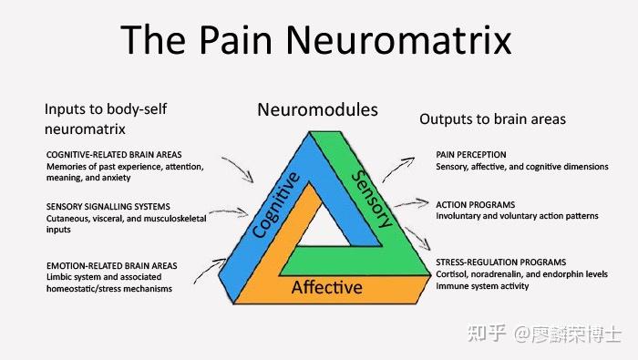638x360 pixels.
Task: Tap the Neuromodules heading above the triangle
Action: pos(316,110)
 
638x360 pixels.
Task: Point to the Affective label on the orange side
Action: pos(326,288)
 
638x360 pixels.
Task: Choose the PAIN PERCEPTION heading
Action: pos(471,155)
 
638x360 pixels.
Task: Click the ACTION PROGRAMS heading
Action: pos(475,203)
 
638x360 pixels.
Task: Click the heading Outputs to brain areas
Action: pos(492,119)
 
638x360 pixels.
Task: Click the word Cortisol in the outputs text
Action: pos(453,275)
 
